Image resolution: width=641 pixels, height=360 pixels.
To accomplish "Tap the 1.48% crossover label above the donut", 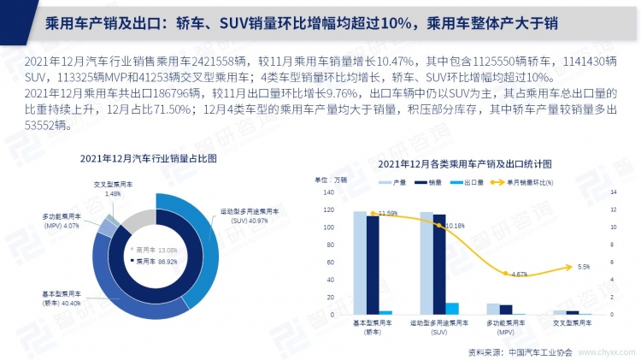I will tap(109, 189).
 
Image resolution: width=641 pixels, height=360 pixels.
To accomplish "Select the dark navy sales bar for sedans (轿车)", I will tap(373, 264).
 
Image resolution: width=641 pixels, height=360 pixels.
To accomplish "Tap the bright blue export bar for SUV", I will tap(452, 309).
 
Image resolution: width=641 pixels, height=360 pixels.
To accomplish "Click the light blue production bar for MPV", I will tap(493, 309).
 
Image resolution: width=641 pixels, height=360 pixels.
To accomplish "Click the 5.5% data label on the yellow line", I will tap(584, 267).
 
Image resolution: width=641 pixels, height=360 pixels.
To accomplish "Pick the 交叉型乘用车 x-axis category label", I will tap(572, 324).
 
